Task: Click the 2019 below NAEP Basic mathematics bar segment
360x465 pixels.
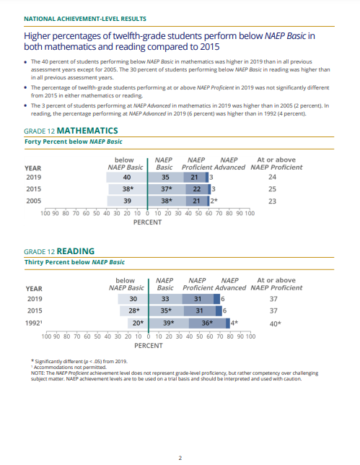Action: point(127,178)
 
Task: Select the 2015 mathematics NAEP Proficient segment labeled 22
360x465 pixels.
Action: point(197,189)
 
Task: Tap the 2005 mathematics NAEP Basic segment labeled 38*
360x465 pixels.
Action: point(167,201)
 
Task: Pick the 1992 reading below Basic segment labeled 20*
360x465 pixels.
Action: point(138,323)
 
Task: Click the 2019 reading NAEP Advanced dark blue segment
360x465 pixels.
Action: point(216,299)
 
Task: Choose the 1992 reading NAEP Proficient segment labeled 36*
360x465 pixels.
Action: point(207,323)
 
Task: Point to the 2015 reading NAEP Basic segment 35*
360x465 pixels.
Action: point(166,310)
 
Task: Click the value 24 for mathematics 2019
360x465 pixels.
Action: point(272,177)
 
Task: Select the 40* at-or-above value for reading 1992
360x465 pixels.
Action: point(276,323)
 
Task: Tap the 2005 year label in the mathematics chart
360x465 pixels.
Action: point(34,201)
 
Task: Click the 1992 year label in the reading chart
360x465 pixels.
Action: point(33,323)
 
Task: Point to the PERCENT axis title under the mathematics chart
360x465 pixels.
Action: point(148,222)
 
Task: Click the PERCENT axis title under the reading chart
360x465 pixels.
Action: point(149,346)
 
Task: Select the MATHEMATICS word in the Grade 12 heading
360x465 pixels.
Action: point(87,131)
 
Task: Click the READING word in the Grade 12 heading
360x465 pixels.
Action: point(76,251)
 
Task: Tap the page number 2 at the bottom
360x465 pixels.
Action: point(180,459)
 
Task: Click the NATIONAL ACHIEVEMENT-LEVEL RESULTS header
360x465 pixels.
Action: point(85,19)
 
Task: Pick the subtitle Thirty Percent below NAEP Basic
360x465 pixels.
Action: point(74,262)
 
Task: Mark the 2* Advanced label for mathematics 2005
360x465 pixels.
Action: point(214,201)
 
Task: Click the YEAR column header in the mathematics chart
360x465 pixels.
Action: point(33,168)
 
